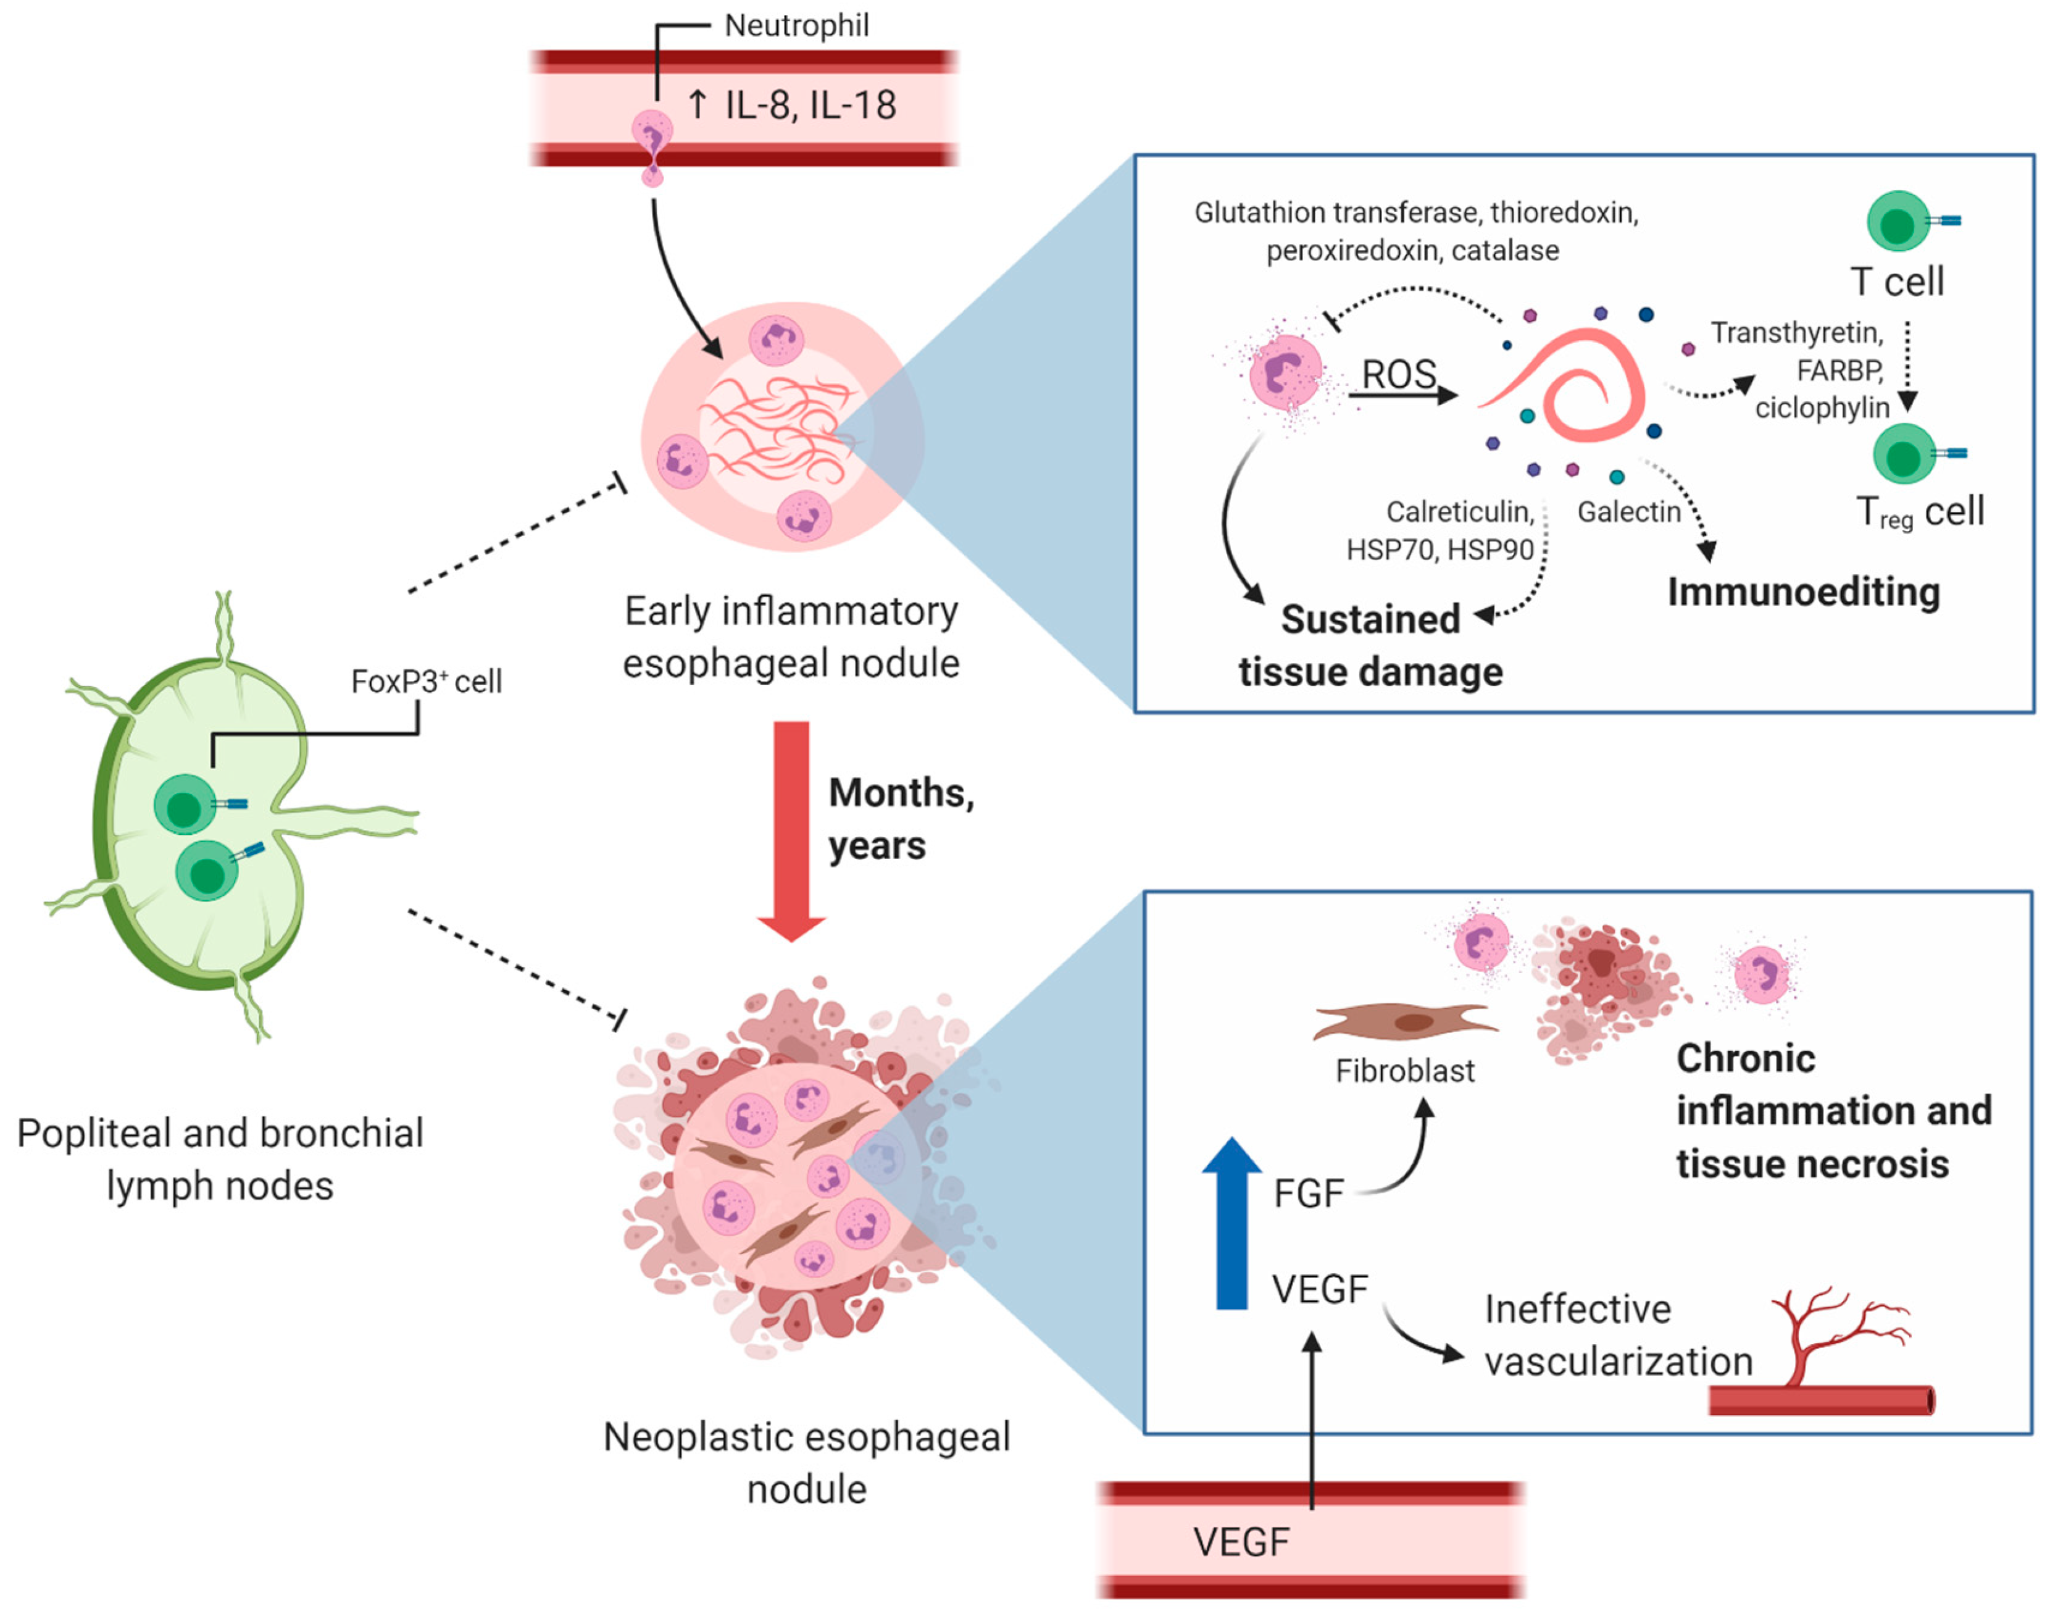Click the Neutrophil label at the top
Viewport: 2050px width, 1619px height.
coord(796,25)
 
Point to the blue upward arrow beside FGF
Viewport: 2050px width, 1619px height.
coord(1231,1223)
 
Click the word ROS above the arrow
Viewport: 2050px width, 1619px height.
coord(1399,374)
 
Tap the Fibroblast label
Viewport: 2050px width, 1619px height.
coord(1404,1071)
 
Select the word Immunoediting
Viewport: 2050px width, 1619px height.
coord(1804,592)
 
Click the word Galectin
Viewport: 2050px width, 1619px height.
coord(1628,512)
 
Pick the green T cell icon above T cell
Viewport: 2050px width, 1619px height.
coord(1898,222)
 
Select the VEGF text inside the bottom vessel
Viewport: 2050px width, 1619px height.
coord(1241,1542)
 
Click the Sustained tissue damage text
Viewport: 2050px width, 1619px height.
coord(1370,645)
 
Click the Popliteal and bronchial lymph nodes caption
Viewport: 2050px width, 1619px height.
coord(220,1159)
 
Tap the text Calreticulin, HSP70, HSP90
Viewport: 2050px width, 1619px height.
coord(1441,531)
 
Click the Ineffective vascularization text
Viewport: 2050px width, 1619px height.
coord(1617,1334)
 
